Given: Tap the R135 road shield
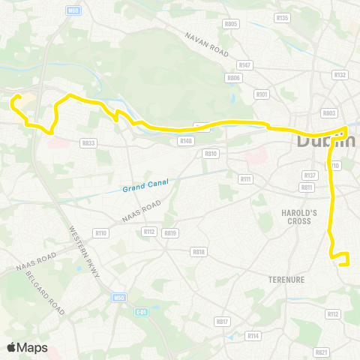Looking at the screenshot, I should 283,17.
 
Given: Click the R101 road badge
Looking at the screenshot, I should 262,94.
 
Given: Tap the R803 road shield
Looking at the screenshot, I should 328,112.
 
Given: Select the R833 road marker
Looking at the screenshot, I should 88,142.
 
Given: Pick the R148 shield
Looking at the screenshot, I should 186,140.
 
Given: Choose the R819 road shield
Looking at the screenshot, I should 171,232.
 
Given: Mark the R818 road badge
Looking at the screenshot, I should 199,252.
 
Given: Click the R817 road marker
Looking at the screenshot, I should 222,321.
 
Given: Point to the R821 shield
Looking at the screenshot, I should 322,352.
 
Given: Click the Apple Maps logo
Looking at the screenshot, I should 27,347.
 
